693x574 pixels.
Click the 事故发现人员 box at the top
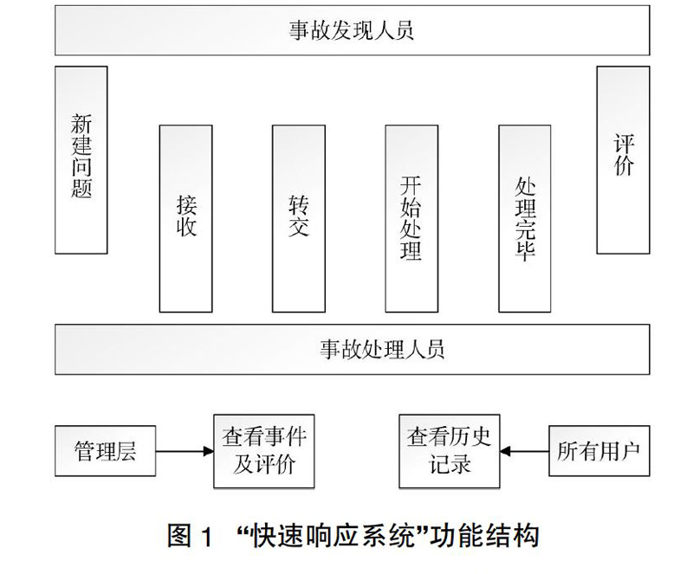[353, 30]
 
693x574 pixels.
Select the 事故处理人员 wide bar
[353, 349]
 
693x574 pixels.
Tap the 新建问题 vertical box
[81, 160]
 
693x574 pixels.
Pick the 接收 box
[185, 219]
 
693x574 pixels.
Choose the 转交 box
[299, 219]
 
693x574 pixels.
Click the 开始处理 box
[411, 219]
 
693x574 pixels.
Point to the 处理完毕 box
[525, 219]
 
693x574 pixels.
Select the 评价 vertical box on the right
[623, 160]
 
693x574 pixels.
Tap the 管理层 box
[105, 451]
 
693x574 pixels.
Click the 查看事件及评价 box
[264, 451]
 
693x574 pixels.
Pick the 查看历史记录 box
[450, 451]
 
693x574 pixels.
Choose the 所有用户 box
[599, 451]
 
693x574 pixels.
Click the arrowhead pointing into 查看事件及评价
[209, 451]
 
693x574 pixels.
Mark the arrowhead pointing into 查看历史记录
[505, 451]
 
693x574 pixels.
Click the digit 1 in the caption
[207, 536]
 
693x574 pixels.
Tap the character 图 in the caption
[180, 536]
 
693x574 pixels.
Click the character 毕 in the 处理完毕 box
[525, 251]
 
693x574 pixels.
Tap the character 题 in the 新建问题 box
[81, 188]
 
